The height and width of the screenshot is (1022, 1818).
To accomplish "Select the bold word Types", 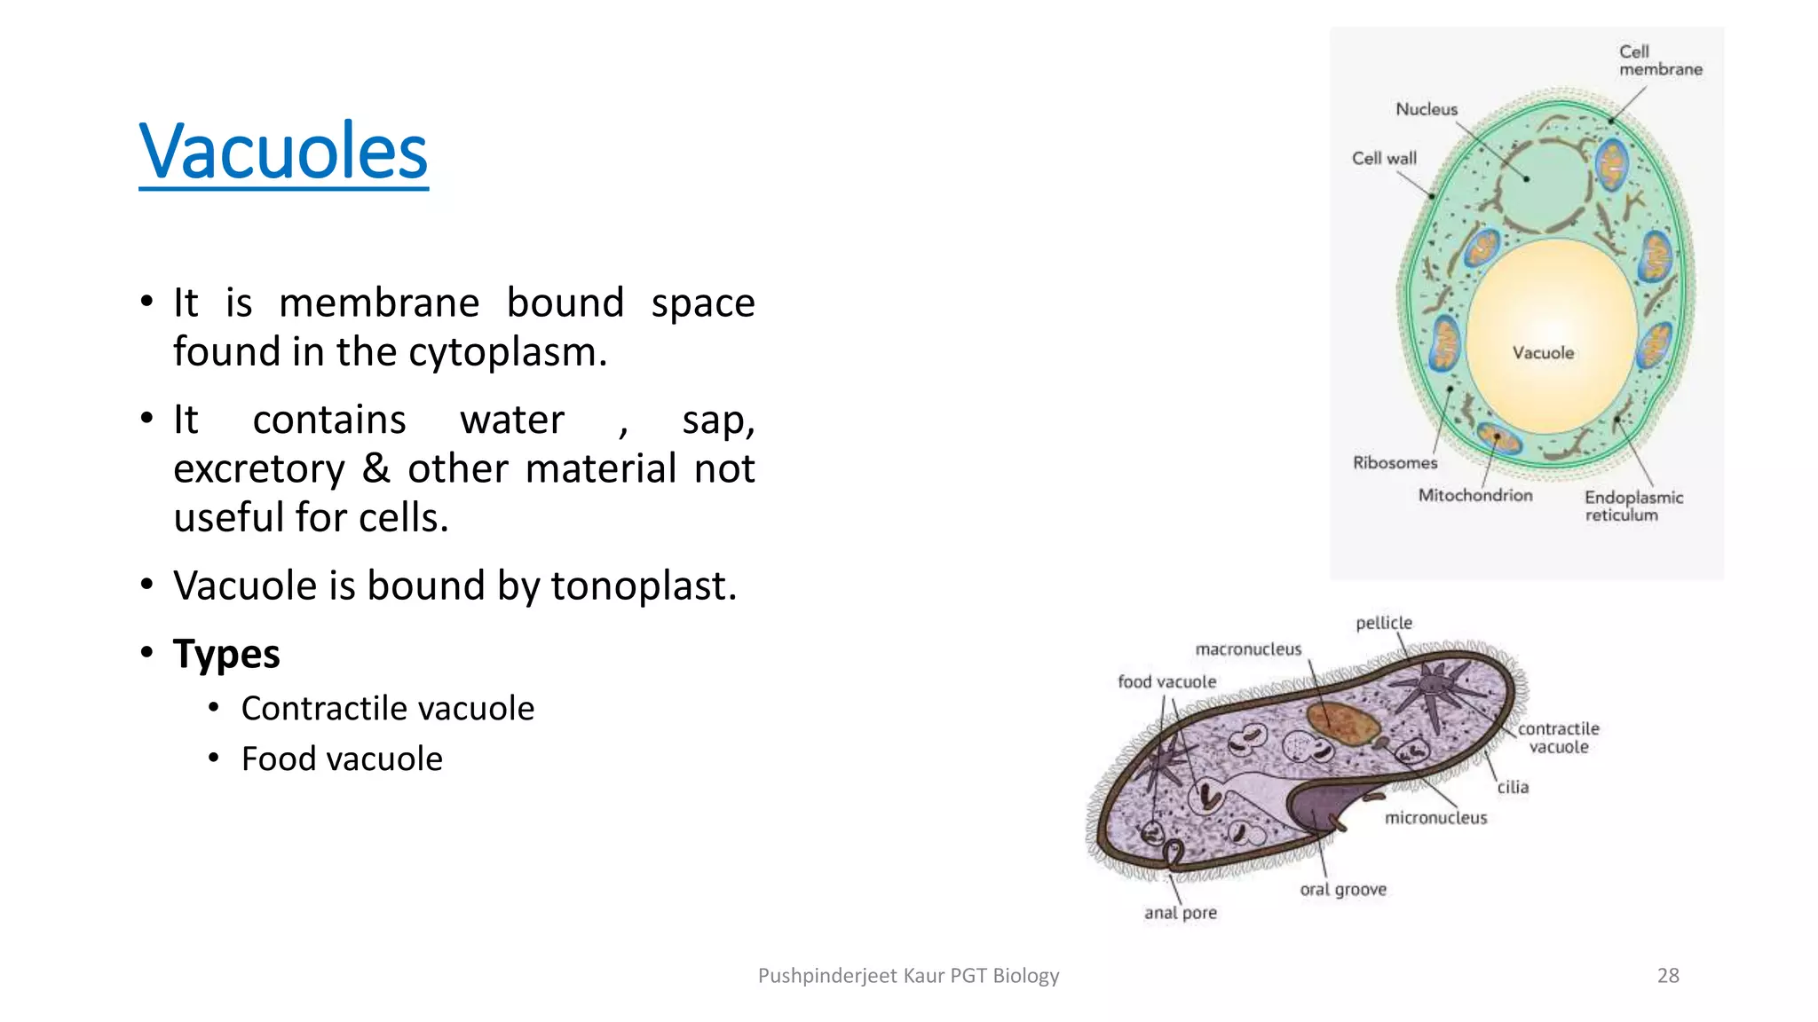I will tap(226, 654).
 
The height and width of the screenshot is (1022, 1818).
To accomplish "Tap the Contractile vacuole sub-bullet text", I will tap(387, 709).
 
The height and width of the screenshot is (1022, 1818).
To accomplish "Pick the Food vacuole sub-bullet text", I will tap(342, 759).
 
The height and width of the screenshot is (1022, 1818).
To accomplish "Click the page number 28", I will tap(1668, 976).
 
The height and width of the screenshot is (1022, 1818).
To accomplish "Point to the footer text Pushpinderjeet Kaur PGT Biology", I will tap(908, 976).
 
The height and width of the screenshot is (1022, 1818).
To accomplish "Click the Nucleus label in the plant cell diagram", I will tap(1426, 109).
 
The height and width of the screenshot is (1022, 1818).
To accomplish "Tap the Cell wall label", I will tap(1384, 158).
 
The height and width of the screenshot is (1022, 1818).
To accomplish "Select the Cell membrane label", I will tap(1658, 60).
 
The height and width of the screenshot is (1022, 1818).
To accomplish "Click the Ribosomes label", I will tap(1395, 462).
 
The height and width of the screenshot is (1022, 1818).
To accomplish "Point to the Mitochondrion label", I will tap(1474, 495).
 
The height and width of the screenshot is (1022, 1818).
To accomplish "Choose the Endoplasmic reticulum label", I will tap(1632, 506).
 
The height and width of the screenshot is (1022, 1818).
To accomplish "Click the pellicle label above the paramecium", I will tap(1383, 623).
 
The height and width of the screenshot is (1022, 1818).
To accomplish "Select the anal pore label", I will tap(1180, 913).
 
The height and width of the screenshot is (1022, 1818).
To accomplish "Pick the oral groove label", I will tap(1342, 889).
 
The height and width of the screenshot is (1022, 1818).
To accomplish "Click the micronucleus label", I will tap(1435, 818).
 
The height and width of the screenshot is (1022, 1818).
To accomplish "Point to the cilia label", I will tap(1513, 787).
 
